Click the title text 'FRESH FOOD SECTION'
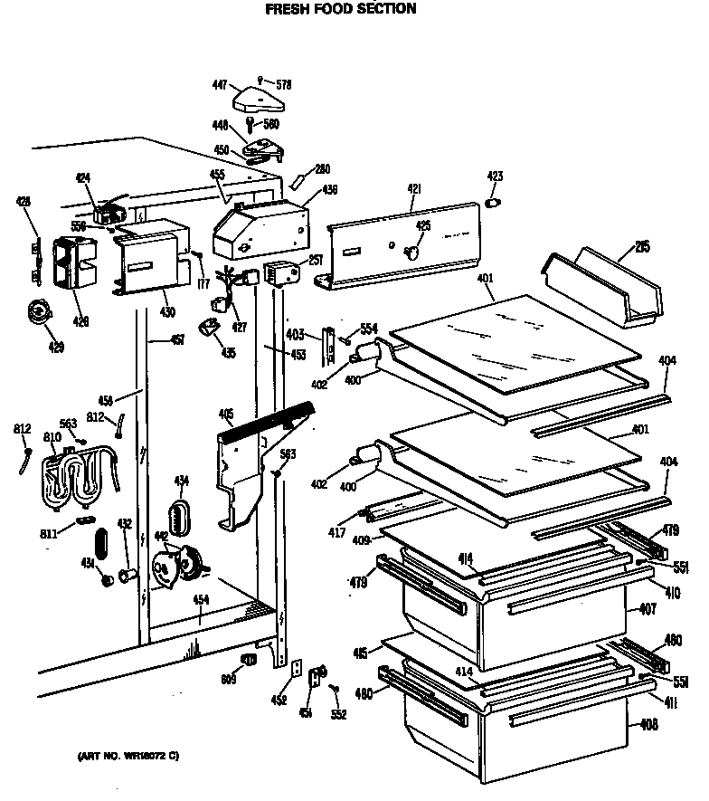coord(340,9)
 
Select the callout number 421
coord(414,189)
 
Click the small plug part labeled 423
coord(494,203)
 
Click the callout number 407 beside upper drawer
coord(648,609)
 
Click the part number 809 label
coord(229,680)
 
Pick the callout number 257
coord(316,260)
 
